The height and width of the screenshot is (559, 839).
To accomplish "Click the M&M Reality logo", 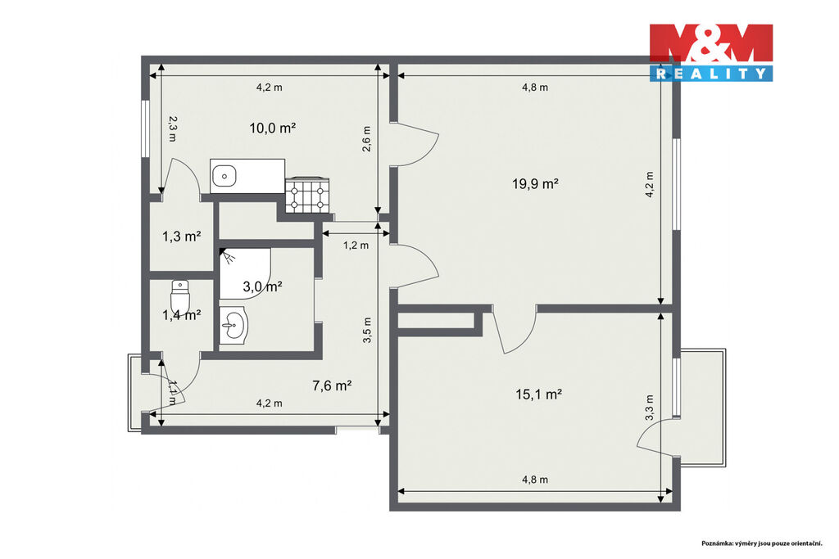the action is (711, 52).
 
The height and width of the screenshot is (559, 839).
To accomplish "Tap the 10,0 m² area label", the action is (273, 128).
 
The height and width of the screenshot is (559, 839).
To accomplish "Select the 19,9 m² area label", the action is (536, 184).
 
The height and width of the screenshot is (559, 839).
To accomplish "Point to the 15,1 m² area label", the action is (538, 394).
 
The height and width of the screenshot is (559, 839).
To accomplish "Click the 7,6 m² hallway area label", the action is (332, 385).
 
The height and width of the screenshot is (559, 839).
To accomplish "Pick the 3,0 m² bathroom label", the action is (263, 286).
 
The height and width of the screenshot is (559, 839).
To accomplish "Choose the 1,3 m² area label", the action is (182, 237).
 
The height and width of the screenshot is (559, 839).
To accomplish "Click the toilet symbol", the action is (180, 296).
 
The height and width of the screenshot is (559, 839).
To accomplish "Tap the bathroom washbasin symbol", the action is (234, 324).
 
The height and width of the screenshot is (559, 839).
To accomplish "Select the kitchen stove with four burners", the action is (307, 196).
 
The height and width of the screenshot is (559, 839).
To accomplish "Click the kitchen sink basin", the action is (224, 175).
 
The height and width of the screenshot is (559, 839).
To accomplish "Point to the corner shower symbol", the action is (245, 273).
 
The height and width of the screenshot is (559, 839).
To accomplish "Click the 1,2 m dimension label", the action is (356, 246).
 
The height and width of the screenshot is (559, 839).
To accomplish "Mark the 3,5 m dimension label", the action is (366, 331).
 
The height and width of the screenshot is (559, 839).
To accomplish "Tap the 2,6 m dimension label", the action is (366, 139).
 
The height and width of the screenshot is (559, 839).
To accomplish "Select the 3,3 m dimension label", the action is (650, 408).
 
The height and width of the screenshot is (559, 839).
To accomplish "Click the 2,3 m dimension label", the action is (172, 128).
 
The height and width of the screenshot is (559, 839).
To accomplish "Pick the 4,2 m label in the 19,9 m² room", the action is (650, 185).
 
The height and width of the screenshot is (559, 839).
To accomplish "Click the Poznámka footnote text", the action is (762, 543).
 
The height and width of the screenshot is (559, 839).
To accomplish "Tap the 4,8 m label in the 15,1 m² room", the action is (535, 480).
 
